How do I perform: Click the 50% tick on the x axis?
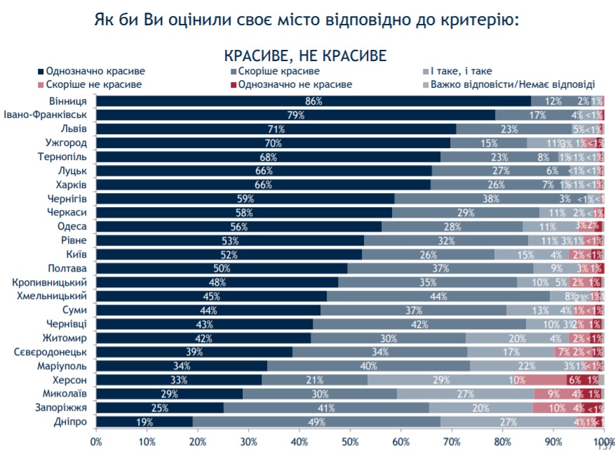click(x=349, y=441)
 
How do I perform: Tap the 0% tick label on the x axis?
click(x=96, y=441)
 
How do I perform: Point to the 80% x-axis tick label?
click(x=502, y=441)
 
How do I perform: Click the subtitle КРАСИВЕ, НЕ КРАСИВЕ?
click(x=306, y=54)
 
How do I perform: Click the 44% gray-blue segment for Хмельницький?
click(x=439, y=296)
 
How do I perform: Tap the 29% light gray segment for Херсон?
click(x=441, y=380)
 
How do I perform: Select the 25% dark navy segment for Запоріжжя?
click(x=160, y=407)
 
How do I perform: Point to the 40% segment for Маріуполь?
click(x=369, y=366)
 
